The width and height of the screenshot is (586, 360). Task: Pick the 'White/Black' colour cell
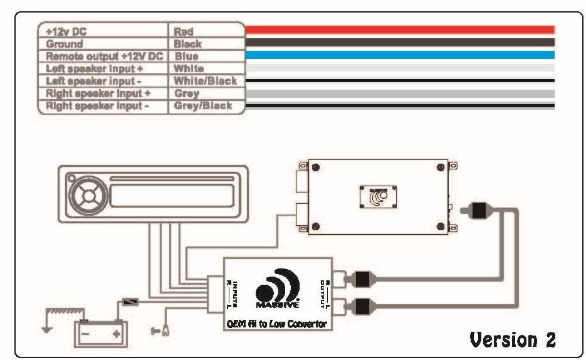206,81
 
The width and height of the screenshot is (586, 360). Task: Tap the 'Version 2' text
512,339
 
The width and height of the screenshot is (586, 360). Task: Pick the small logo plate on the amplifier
376,196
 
